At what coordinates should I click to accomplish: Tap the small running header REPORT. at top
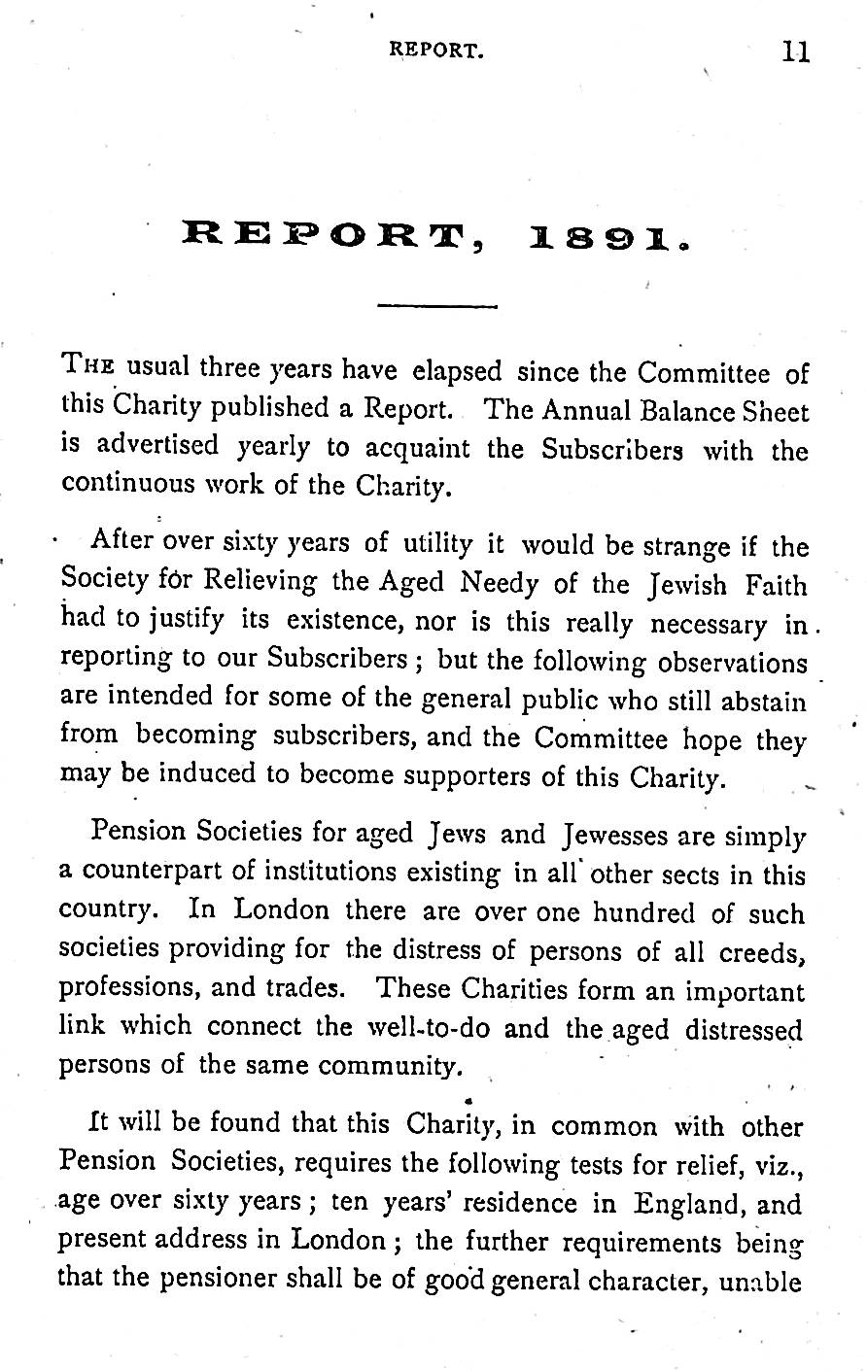tap(435, 51)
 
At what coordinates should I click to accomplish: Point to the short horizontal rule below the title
tap(436, 306)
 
